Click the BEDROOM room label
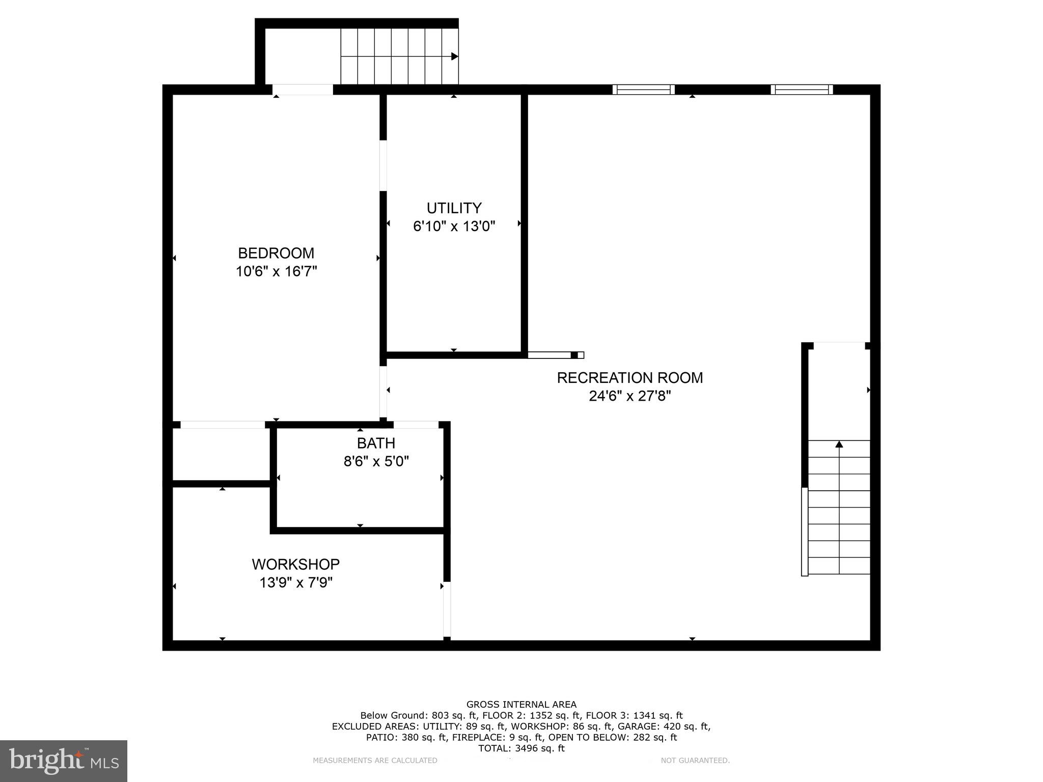(x=276, y=253)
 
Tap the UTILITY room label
(x=454, y=208)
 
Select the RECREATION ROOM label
(x=629, y=378)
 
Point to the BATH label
(x=376, y=443)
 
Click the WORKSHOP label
(x=295, y=564)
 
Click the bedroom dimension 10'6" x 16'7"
(x=276, y=271)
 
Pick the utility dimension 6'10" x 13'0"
(x=454, y=226)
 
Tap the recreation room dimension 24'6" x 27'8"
(x=629, y=396)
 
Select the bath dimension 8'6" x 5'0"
(x=376, y=461)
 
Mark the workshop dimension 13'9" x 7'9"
(x=295, y=582)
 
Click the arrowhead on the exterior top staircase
(x=455, y=57)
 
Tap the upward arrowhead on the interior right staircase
(x=839, y=444)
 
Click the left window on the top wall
(x=643, y=90)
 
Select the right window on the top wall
(x=802, y=90)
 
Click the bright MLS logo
(x=64, y=761)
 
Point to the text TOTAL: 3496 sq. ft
(x=521, y=748)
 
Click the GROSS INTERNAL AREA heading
(x=521, y=705)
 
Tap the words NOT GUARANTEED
(x=695, y=761)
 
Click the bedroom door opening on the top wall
(x=303, y=90)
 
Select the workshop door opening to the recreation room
(x=447, y=609)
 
